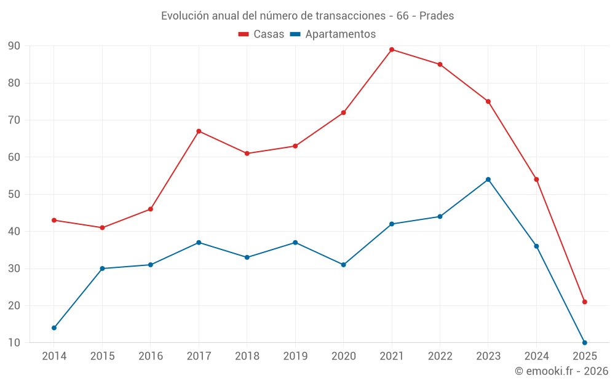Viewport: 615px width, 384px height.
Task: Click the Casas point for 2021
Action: (392, 50)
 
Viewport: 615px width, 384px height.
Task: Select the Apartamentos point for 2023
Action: (488, 179)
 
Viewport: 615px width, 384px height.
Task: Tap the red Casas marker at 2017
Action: (199, 131)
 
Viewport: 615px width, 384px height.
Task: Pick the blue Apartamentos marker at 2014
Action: (54, 328)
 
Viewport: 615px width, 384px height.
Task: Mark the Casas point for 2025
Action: (585, 302)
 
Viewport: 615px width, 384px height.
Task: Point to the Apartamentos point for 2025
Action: (585, 343)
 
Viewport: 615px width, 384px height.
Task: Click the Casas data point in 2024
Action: (536, 179)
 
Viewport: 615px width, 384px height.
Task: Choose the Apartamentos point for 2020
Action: (344, 265)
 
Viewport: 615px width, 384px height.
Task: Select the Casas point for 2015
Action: (102, 228)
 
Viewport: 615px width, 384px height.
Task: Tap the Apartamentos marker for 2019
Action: (295, 243)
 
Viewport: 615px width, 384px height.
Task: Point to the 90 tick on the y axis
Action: (14, 46)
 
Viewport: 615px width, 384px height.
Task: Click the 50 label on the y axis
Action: (14, 195)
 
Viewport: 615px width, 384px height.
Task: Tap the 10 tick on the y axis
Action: (14, 343)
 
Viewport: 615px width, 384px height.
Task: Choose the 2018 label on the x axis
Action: (247, 356)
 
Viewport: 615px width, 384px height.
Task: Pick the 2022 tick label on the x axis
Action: (440, 356)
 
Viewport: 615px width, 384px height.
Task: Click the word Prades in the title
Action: (437, 16)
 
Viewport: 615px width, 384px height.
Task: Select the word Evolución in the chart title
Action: (181, 16)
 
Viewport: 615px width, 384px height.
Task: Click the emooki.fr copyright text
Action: (561, 371)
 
